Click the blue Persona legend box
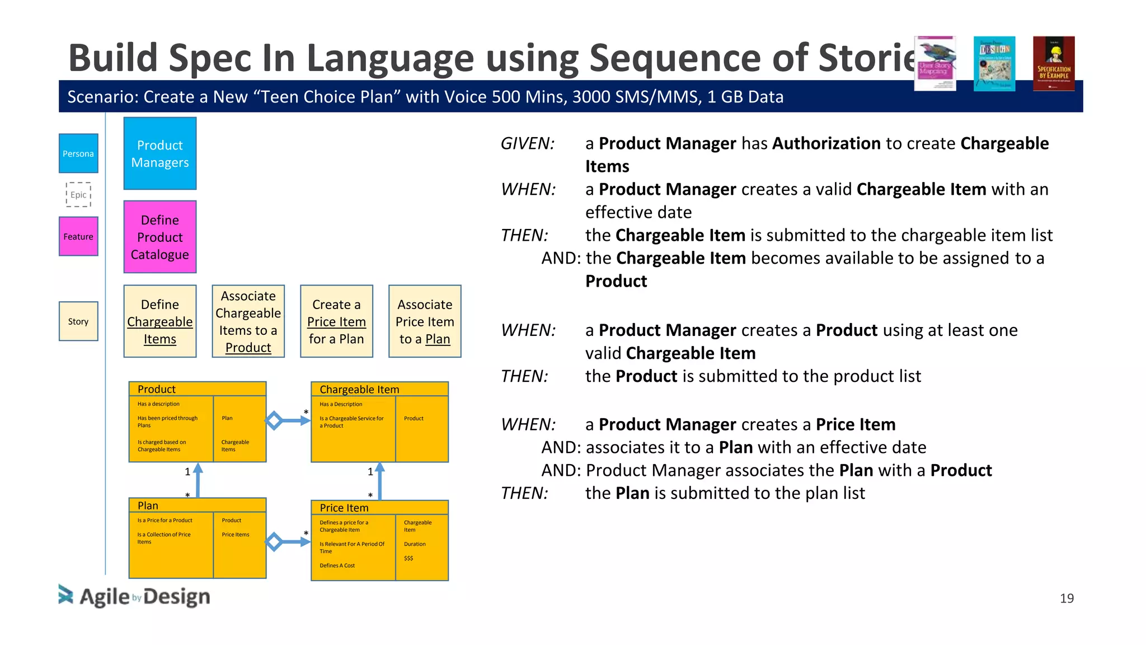(78, 153)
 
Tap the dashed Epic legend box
(78, 195)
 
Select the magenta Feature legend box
(78, 236)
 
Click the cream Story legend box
(78, 321)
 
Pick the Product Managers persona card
(160, 153)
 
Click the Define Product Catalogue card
(160, 237)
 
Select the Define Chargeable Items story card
(160, 321)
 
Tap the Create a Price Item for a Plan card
(336, 321)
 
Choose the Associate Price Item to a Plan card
(425, 321)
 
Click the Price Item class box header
(379, 508)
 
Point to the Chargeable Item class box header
(379, 389)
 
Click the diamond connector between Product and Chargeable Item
(274, 420)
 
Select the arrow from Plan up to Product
(198, 480)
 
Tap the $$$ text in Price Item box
(408, 558)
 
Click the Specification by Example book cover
(1054, 63)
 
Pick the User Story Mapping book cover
(935, 63)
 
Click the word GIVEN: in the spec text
(527, 144)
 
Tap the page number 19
(1067, 599)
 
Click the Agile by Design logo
(134, 596)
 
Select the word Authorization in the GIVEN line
(826, 144)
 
